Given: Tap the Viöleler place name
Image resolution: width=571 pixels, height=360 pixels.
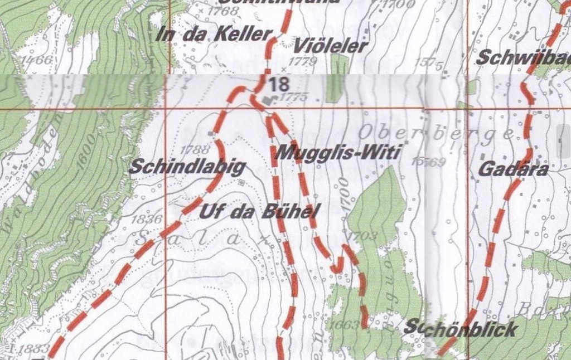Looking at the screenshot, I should coord(331,46).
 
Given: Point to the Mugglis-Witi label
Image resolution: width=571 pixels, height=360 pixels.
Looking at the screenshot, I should coord(337,152).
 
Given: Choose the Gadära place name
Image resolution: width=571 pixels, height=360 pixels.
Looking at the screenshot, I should coord(514,170).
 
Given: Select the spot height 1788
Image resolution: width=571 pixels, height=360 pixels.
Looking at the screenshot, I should coord(195,149).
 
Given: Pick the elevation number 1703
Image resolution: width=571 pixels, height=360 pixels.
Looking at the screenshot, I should coord(362,236).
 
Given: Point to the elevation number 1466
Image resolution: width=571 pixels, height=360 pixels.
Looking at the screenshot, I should coord(37,60).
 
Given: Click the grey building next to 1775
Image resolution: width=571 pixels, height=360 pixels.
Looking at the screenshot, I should coord(270,100).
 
